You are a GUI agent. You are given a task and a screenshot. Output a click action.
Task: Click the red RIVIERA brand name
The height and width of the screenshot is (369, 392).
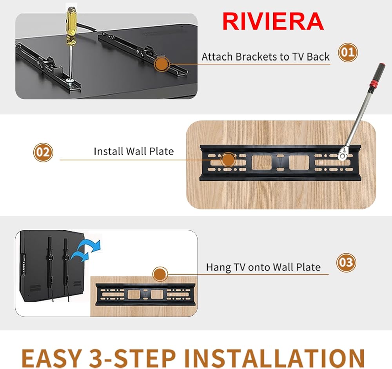click(273, 22)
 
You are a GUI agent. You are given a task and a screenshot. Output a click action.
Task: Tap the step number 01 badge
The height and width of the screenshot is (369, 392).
click(348, 53)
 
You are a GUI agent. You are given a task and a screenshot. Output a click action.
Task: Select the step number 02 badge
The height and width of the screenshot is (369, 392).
click(43, 153)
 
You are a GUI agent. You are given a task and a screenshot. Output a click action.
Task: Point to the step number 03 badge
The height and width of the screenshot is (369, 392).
click(346, 263)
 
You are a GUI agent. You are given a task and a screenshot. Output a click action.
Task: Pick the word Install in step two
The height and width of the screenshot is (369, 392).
click(108, 151)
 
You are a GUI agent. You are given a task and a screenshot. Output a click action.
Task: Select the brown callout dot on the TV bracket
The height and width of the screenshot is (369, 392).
click(162, 64)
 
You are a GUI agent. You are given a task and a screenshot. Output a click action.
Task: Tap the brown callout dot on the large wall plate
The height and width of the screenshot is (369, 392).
click(228, 160)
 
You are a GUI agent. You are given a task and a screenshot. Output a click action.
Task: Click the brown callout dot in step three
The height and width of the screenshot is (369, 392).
click(160, 274)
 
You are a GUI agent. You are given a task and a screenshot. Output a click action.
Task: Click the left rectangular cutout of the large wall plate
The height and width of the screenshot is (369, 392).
click(261, 162)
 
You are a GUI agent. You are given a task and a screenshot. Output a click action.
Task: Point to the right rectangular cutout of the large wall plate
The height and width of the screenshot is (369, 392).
click(299, 162)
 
